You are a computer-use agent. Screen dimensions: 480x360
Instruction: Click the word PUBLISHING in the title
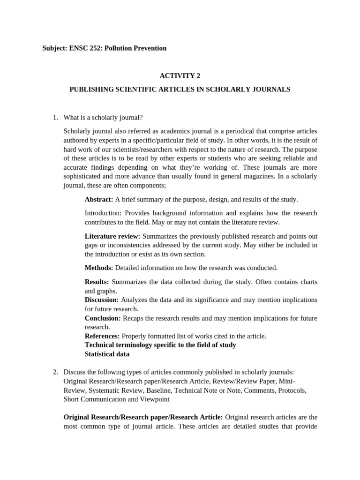point(89,89)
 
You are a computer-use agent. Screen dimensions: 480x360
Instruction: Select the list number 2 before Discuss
point(55,372)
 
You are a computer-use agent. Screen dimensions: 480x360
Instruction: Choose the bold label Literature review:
point(112,236)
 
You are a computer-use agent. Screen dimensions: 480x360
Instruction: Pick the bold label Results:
point(97,282)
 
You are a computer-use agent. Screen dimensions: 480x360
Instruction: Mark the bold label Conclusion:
point(103,318)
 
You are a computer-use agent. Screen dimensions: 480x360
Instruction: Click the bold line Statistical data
point(107,354)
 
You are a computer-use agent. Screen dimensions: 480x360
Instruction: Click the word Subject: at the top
point(55,48)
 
